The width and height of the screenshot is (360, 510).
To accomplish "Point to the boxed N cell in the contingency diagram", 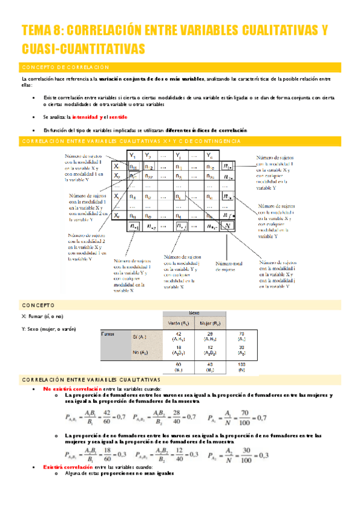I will pos(227,226).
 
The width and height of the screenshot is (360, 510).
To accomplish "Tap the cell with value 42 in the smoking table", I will pos(179,336).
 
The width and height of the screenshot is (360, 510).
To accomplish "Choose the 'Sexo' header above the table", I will pos(194,313).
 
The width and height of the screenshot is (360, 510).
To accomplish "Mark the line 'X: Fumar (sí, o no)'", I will pos(42,316).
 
